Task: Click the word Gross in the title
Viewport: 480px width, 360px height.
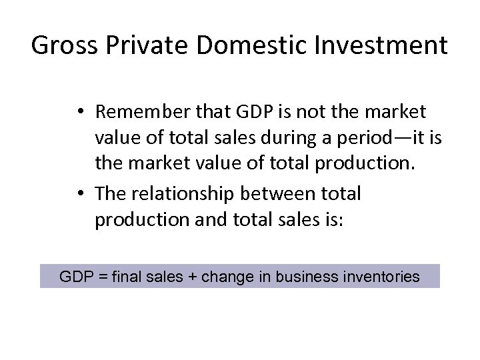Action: click(62, 46)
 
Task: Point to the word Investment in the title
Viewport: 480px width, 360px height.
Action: click(381, 46)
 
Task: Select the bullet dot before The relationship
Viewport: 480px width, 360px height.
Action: click(80, 194)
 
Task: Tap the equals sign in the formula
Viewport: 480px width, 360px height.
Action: click(102, 276)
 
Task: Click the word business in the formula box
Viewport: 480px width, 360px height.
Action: click(303, 276)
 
